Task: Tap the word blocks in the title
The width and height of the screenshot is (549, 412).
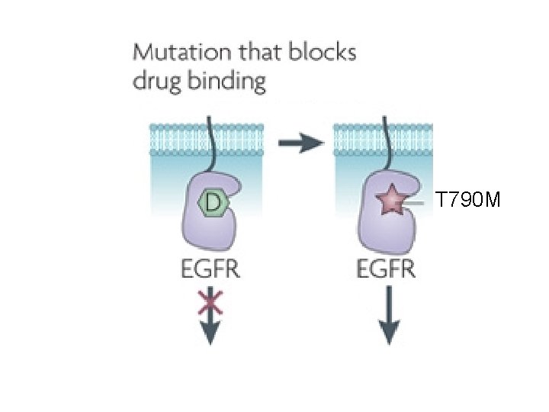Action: [x=318, y=54]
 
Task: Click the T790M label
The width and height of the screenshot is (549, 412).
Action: [x=467, y=201]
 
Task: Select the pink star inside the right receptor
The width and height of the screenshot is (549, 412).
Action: [x=390, y=201]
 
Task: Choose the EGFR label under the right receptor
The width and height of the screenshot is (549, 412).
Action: [x=387, y=269]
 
